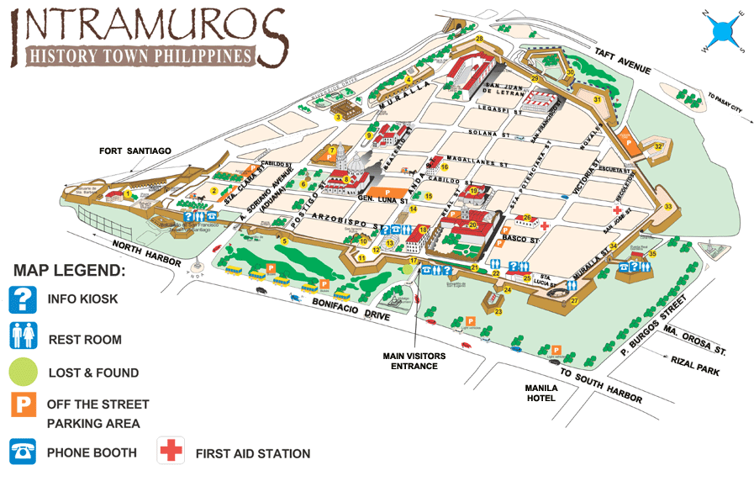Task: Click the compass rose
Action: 721,32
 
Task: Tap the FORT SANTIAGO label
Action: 134,151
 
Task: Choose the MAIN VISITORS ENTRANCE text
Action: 414,361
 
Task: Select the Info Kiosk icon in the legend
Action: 24,299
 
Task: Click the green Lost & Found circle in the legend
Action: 24,371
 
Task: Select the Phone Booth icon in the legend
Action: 24,452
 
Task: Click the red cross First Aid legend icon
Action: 171,452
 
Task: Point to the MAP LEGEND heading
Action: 69,272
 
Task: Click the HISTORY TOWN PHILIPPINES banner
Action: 140,56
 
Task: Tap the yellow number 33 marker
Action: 668,206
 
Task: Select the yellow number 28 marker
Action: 479,40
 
